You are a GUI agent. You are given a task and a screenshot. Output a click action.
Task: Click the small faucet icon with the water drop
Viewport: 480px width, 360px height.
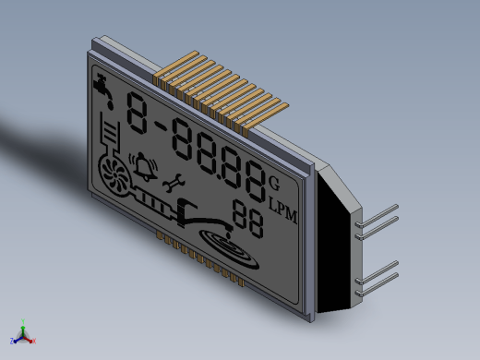tap(103, 90)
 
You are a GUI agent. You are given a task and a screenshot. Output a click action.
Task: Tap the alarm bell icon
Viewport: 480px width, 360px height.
tap(143, 167)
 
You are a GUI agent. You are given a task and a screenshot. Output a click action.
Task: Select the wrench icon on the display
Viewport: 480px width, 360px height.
tap(174, 183)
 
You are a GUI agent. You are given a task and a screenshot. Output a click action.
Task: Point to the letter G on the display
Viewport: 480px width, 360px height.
tap(274, 183)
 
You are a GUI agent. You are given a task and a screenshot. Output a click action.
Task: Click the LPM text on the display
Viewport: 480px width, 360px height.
tap(283, 210)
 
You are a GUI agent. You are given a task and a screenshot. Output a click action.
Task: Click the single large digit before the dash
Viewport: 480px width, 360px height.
tap(138, 113)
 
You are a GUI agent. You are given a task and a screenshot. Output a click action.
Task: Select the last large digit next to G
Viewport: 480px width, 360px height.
tap(254, 182)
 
